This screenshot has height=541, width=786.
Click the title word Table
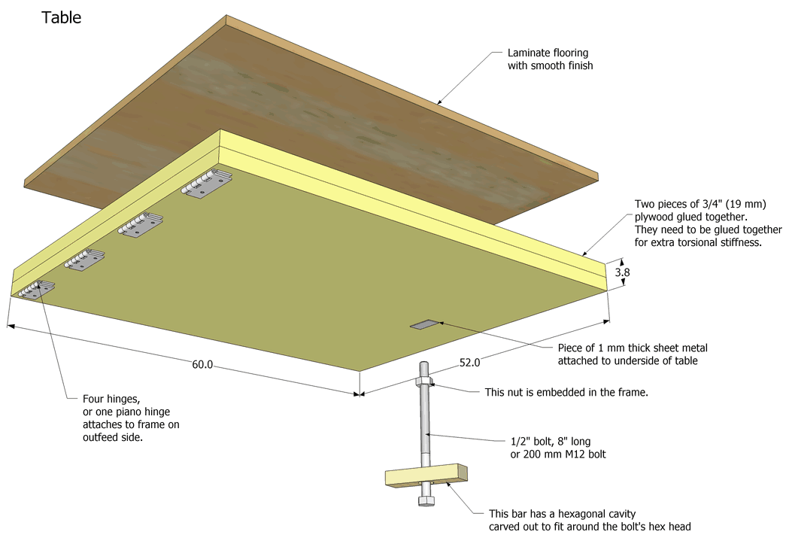(61, 17)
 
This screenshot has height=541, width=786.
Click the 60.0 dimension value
(202, 365)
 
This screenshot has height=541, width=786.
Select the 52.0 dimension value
(469, 362)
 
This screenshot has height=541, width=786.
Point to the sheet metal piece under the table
(423, 325)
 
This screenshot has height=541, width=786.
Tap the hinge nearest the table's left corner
(35, 290)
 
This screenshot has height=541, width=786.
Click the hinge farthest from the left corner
(206, 185)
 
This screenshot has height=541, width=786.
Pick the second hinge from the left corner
(83, 260)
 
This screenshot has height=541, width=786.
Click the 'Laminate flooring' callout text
(548, 53)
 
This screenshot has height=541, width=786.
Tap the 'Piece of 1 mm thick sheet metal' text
(633, 348)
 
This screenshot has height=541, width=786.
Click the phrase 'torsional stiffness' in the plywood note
(719, 243)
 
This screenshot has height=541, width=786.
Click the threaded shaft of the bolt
(424, 429)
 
